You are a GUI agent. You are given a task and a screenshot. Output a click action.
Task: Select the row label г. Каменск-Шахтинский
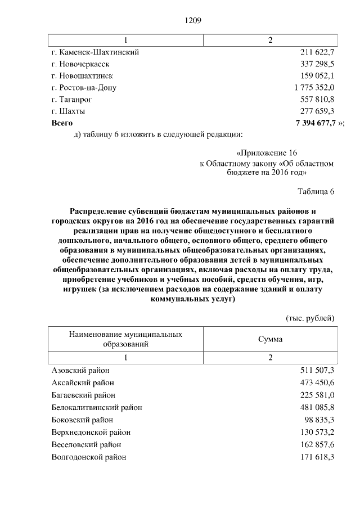pos(95,52)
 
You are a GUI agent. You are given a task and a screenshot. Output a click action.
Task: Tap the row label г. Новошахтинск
pos(82,76)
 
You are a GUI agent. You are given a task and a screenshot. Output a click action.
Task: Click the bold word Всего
pos(62,123)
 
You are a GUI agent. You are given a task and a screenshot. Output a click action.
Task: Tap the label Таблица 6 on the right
pos(316,192)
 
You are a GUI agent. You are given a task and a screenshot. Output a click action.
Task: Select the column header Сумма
pos(271,339)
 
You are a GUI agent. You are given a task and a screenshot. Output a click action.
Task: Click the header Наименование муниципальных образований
pos(125,339)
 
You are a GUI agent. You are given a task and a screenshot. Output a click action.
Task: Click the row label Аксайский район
pos(83,382)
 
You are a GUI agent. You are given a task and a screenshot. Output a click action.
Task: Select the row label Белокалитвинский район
pos(97,407)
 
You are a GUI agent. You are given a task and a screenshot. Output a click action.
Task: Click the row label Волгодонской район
pos(89,457)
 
